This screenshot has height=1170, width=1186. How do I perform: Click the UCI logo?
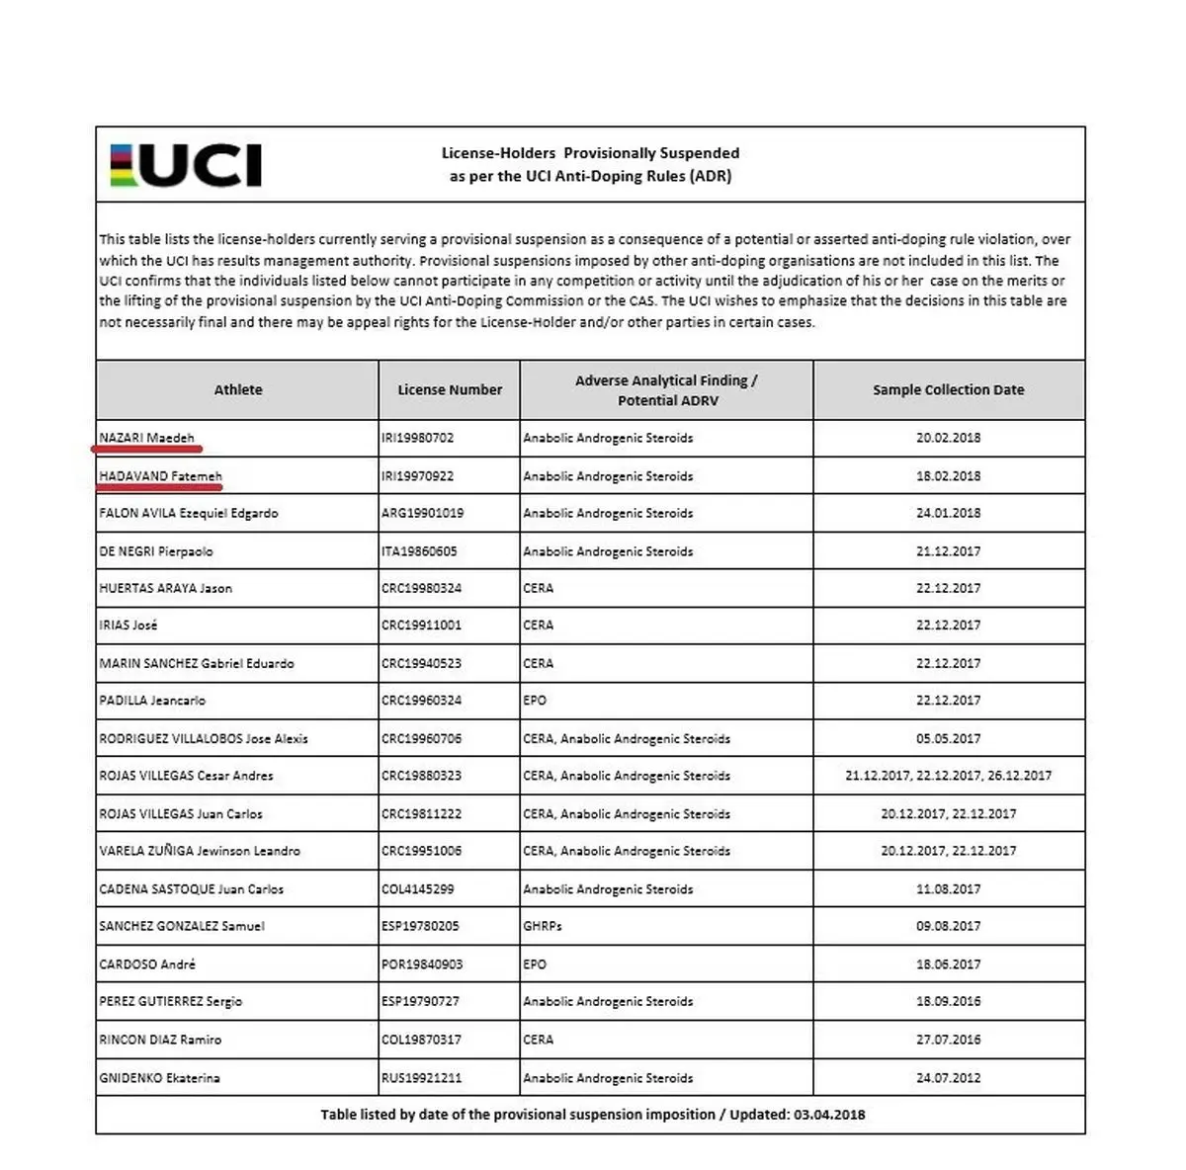click(185, 165)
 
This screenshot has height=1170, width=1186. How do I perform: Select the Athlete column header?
click(238, 389)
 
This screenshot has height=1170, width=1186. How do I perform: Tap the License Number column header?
click(450, 389)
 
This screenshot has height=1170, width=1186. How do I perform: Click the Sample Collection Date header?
click(948, 389)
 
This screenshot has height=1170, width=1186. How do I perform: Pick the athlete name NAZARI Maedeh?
click(146, 437)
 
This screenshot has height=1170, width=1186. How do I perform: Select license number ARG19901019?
click(422, 513)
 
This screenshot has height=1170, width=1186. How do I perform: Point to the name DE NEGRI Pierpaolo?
click(156, 550)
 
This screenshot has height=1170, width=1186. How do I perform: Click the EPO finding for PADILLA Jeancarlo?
click(535, 700)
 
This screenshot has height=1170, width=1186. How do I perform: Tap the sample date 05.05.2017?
click(948, 738)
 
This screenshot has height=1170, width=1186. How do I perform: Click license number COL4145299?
click(417, 888)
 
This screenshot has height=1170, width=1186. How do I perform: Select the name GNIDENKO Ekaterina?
click(159, 1077)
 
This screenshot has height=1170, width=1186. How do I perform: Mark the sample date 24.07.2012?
click(948, 1077)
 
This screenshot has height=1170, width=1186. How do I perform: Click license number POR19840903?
click(422, 963)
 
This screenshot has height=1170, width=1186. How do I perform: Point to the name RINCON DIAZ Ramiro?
click(160, 1040)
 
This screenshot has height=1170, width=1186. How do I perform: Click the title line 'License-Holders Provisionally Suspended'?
click(590, 153)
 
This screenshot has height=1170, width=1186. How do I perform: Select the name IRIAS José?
click(128, 625)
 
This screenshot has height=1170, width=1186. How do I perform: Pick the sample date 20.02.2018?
click(948, 437)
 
